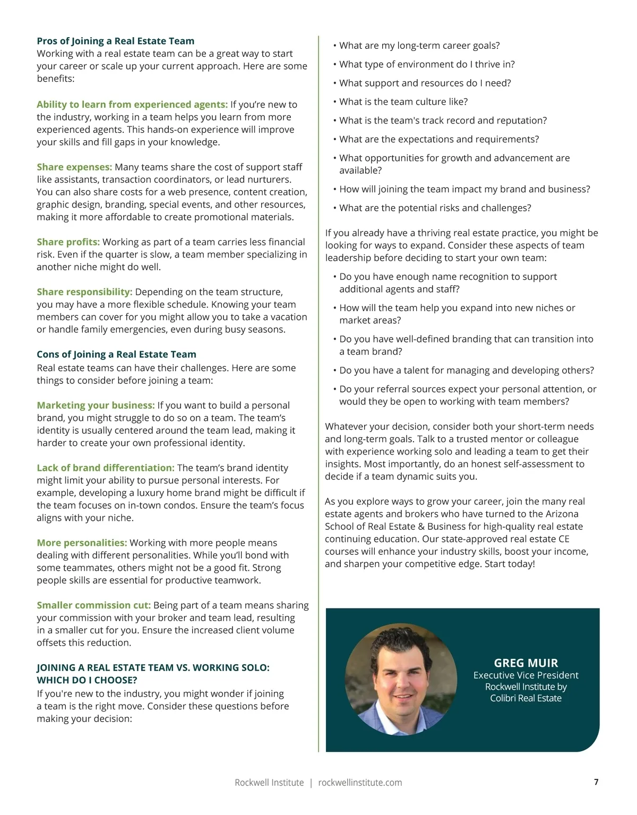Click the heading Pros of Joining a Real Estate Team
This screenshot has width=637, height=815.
(x=115, y=41)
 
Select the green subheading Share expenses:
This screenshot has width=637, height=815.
(x=74, y=167)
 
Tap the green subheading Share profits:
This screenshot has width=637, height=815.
(x=68, y=242)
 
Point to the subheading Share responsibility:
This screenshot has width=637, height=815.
(x=84, y=292)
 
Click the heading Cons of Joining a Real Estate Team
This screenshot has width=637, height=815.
(x=116, y=354)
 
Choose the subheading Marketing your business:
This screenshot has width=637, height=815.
(x=96, y=406)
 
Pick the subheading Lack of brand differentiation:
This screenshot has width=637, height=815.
(x=105, y=468)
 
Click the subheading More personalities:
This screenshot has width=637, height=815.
(x=82, y=543)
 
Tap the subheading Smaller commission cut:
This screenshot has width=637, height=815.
(x=93, y=605)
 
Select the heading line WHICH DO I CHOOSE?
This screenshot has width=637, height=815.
(x=87, y=680)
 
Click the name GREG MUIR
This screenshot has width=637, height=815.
(x=526, y=663)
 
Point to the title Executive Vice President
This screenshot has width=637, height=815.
(x=526, y=675)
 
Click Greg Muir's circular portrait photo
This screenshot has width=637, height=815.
(x=401, y=679)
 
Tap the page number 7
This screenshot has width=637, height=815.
(x=596, y=782)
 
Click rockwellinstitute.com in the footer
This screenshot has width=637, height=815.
(x=360, y=783)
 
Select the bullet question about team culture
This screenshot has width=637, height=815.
(x=403, y=102)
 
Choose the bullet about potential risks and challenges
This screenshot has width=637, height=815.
(x=435, y=208)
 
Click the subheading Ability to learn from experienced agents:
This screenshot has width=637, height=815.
(x=132, y=105)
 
